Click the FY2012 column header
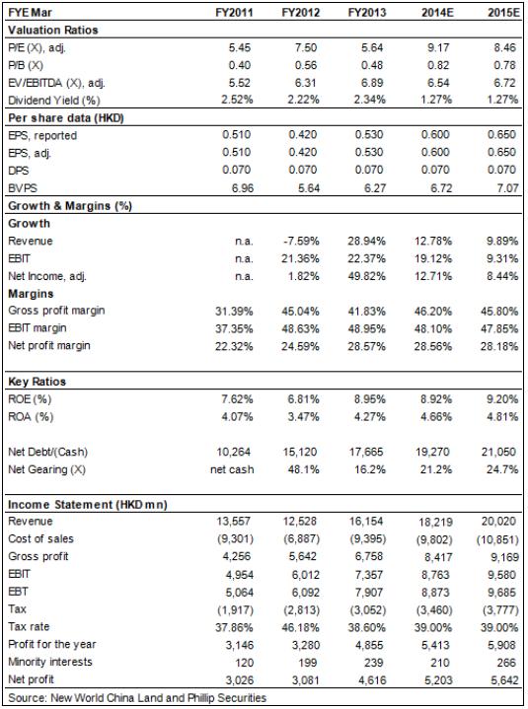(x=300, y=12)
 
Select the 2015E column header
(x=502, y=12)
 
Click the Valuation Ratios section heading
(x=53, y=31)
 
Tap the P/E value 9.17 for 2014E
(x=437, y=47)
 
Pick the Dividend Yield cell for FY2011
(x=237, y=100)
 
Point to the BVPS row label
(x=23, y=188)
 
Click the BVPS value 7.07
(x=507, y=187)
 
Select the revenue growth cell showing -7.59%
(x=301, y=241)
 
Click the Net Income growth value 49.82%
(x=366, y=276)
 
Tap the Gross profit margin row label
(x=56, y=311)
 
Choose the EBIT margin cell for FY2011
(x=234, y=328)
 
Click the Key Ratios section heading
(x=38, y=382)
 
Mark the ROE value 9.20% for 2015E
(x=502, y=399)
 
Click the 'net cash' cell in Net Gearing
(x=232, y=469)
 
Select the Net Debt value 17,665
(x=366, y=452)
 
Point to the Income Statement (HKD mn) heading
(x=88, y=505)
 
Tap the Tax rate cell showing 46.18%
(x=300, y=627)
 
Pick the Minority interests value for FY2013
(x=374, y=663)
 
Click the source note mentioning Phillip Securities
(x=137, y=698)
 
